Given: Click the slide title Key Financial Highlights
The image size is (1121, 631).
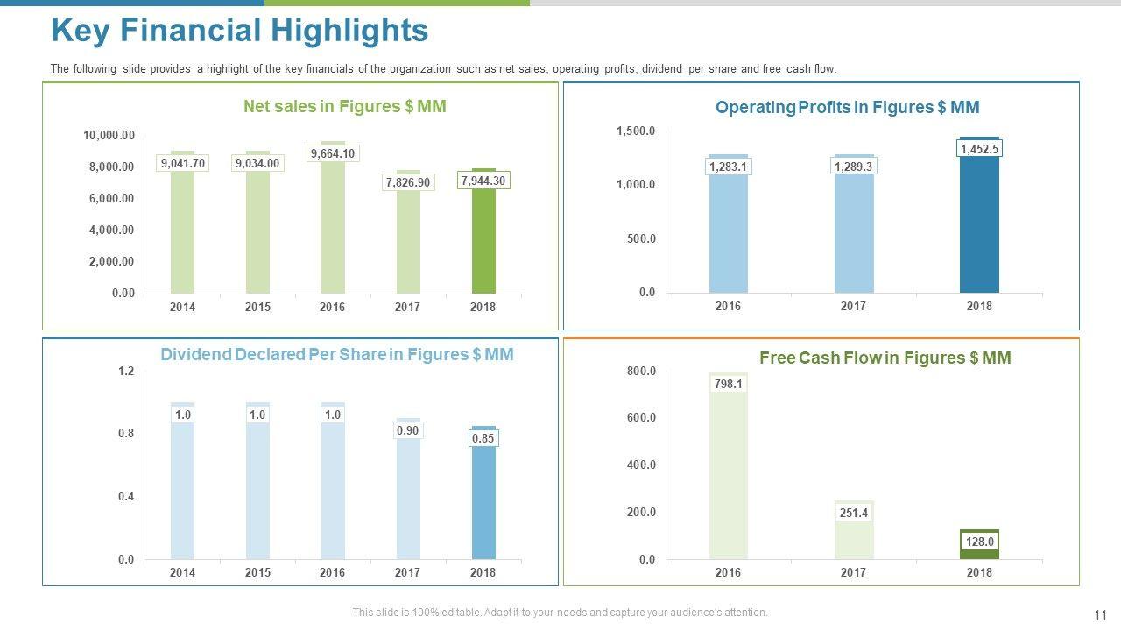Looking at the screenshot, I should click(x=239, y=31).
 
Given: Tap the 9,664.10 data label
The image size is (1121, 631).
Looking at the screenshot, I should click(x=333, y=153).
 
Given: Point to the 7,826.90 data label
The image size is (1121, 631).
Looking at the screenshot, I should click(x=408, y=182).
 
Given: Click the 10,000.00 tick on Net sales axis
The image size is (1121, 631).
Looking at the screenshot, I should click(x=109, y=135).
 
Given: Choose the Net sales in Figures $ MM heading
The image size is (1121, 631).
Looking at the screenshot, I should click(x=344, y=107).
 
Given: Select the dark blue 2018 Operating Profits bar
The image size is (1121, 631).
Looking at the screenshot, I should click(x=979, y=228).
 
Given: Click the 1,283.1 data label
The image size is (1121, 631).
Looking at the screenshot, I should click(x=729, y=167).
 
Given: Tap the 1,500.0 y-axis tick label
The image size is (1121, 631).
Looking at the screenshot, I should click(x=636, y=131).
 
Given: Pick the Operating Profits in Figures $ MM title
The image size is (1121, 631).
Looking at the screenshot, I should click(x=847, y=108).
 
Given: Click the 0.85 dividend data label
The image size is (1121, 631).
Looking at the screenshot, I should click(x=483, y=438).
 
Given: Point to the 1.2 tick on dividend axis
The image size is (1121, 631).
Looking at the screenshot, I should click(x=126, y=372).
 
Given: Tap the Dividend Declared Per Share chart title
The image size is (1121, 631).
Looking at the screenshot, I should click(x=336, y=355).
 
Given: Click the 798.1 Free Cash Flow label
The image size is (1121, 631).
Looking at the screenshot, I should click(x=729, y=384).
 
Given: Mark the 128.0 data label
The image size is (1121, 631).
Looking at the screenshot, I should click(x=979, y=542).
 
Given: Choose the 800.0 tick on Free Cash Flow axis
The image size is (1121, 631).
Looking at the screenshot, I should click(x=641, y=372).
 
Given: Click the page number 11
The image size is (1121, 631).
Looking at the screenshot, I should click(x=1101, y=615).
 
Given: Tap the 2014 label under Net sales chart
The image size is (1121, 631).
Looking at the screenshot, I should click(x=182, y=307).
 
